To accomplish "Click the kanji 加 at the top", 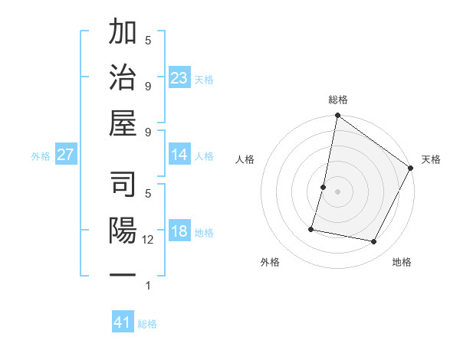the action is click(x=123, y=34).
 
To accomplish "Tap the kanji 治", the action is click(x=123, y=79).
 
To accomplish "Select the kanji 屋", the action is click(x=123, y=123).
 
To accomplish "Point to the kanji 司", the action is click(x=123, y=185).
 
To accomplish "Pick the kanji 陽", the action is click(x=123, y=230).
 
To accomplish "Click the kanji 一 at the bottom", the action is click(x=123, y=274).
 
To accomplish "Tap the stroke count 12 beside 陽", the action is click(x=149, y=240).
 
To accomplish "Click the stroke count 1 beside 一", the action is click(x=148, y=286).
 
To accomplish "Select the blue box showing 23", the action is click(x=179, y=77).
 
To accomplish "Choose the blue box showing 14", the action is click(x=179, y=155).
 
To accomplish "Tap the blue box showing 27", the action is click(x=66, y=155).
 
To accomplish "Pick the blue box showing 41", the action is click(x=123, y=322).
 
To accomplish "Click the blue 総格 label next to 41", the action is click(x=147, y=324).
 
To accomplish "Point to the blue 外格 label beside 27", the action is click(x=41, y=156).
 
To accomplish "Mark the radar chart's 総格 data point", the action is click(x=337, y=116).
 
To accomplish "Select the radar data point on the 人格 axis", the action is click(x=324, y=187).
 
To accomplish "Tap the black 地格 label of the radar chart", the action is click(x=402, y=263).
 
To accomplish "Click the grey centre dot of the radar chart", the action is click(x=337, y=191).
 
